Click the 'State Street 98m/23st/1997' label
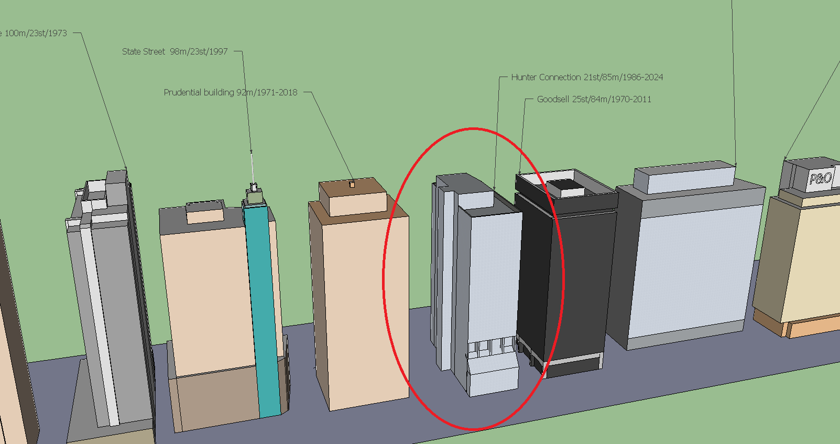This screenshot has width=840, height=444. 174,51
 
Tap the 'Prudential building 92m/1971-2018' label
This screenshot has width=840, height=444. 230,92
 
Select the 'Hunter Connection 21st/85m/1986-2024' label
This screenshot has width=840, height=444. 587,77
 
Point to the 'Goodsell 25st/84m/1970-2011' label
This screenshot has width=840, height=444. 594,99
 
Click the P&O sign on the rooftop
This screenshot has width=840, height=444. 820,178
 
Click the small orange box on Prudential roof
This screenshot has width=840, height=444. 352,185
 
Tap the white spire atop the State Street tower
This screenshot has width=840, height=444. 252,168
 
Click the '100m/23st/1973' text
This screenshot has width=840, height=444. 35,33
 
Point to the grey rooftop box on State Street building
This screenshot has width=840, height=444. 205,212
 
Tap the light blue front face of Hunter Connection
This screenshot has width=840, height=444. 495,273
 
